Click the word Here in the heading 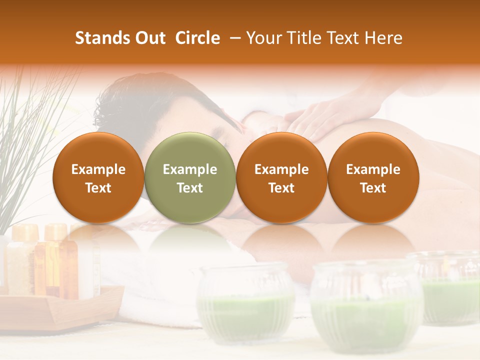384,38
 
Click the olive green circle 190,177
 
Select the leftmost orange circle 98,177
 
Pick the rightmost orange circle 373,177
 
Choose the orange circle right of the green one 281,177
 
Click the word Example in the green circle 190,169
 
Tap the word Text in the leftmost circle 98,188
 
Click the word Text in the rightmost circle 373,188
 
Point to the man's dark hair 145,95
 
